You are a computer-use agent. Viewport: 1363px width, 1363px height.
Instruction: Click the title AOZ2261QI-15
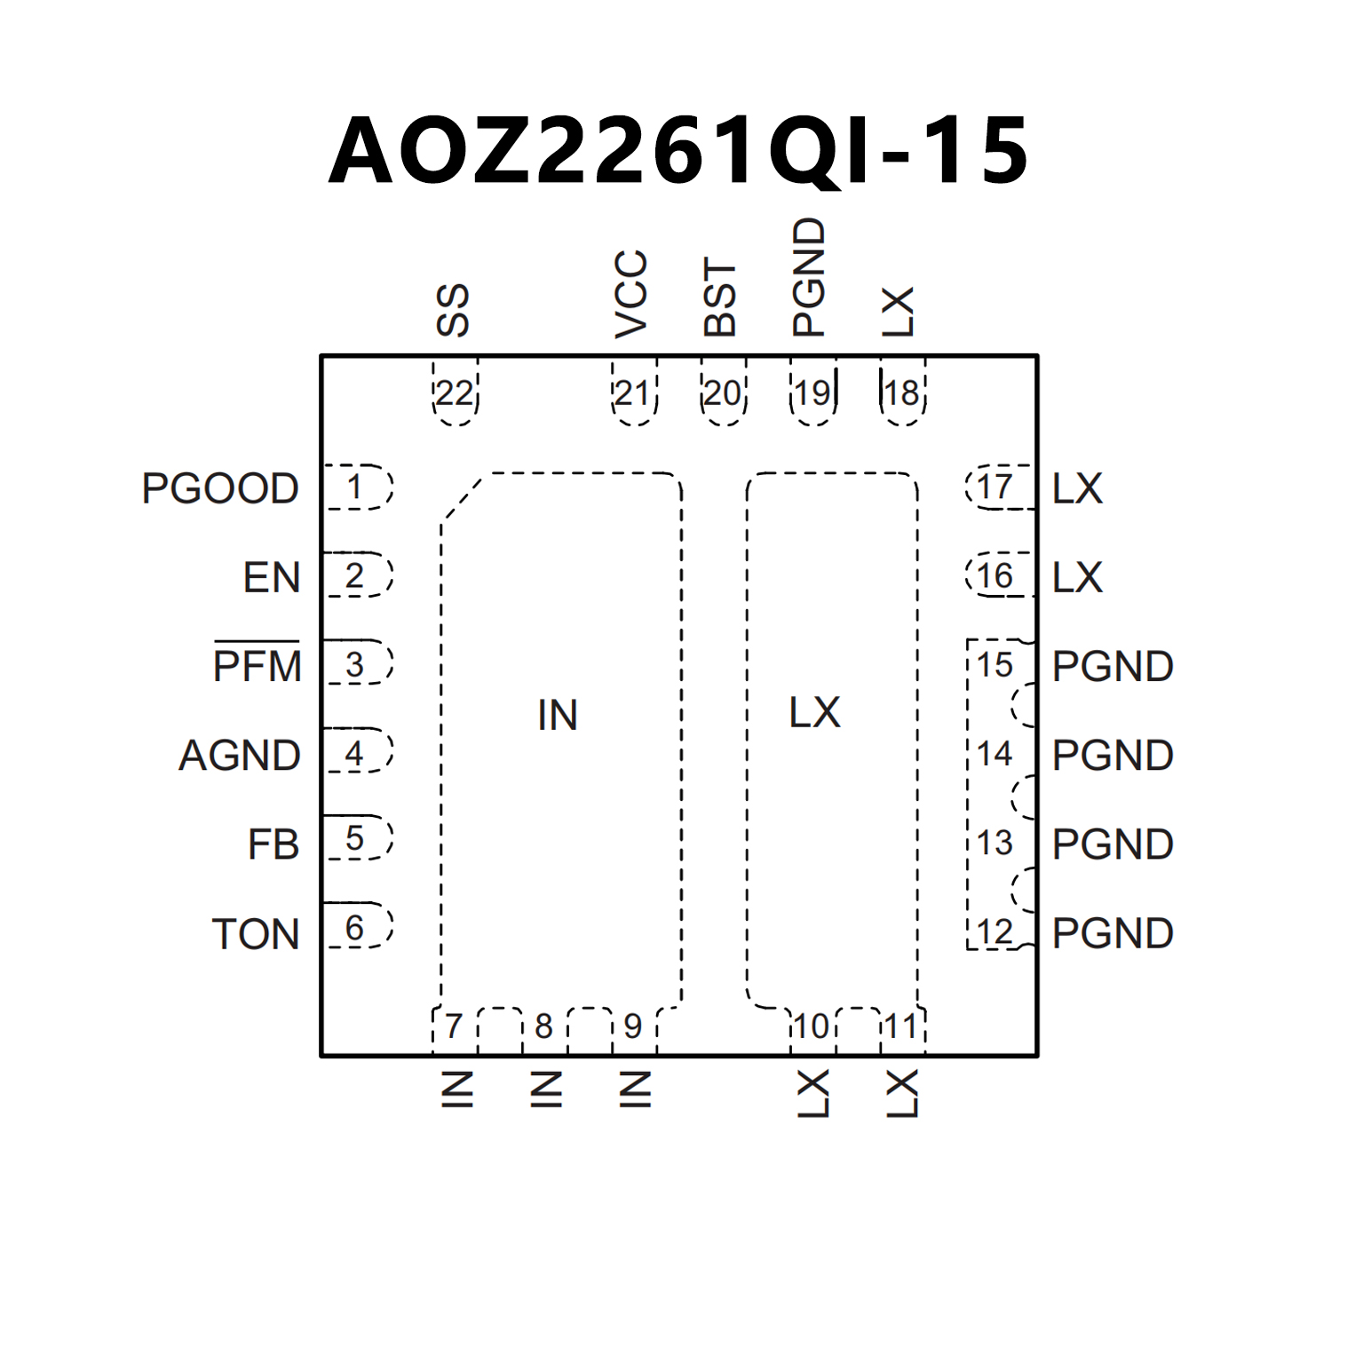(679, 151)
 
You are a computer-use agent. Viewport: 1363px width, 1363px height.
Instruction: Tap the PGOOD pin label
(220, 488)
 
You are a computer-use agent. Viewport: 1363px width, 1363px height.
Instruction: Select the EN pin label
(272, 578)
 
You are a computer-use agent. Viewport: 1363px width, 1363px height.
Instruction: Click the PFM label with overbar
(258, 666)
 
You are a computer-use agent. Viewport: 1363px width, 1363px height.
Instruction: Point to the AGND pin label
(240, 756)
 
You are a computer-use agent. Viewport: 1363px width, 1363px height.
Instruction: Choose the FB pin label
(273, 844)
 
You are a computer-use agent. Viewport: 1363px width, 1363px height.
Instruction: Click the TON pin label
(256, 934)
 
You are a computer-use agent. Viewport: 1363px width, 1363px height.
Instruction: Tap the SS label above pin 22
(453, 310)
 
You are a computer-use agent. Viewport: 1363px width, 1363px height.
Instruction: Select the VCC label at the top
(631, 294)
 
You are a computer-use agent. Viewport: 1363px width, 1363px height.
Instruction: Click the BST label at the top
(720, 297)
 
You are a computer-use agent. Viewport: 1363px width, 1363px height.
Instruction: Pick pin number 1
(354, 487)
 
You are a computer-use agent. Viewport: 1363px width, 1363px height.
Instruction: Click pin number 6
(354, 928)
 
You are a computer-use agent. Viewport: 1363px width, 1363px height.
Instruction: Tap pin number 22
(455, 393)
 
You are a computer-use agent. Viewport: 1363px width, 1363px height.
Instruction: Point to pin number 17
(995, 487)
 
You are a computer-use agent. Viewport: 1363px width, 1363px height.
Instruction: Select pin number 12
(995, 932)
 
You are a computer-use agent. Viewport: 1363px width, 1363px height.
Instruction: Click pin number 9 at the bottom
(632, 1026)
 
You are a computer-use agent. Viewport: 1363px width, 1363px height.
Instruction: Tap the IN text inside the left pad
(558, 715)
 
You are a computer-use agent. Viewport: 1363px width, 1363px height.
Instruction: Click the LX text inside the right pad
(814, 712)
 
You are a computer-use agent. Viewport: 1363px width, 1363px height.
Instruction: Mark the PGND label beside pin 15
(1113, 666)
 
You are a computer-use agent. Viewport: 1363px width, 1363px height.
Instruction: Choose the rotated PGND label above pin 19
(809, 277)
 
